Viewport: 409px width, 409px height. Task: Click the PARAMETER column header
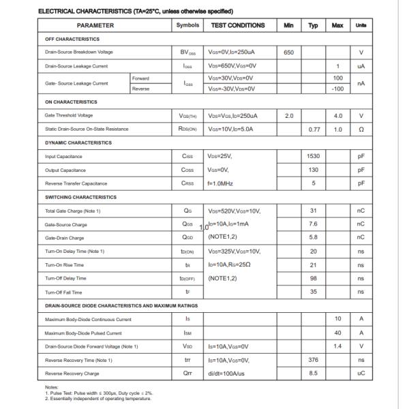pos(95,25)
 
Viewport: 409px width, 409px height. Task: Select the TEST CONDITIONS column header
pos(238,25)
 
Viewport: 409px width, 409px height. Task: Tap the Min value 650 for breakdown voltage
pos(288,52)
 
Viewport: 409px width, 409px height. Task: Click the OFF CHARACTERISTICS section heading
pos(63,39)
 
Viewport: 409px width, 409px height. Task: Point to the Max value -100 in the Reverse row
pos(337,89)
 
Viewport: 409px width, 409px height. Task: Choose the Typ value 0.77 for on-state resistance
pos(314,129)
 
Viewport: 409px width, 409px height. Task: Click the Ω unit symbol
pos(361,129)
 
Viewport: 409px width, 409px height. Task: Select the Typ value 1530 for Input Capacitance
pos(314,156)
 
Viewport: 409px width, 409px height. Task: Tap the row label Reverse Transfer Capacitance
pos(76,183)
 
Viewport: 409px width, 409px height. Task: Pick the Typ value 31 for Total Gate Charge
pos(314,211)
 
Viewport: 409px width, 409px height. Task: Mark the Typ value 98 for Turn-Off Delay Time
pos(314,278)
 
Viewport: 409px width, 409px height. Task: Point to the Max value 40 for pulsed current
pos(337,333)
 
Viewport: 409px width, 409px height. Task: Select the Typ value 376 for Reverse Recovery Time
pos(314,360)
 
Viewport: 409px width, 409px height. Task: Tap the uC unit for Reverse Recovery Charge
pos(361,374)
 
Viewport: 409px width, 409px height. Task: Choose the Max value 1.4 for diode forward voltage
pos(337,346)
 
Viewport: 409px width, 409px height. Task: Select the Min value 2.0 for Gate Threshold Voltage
pos(288,115)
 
